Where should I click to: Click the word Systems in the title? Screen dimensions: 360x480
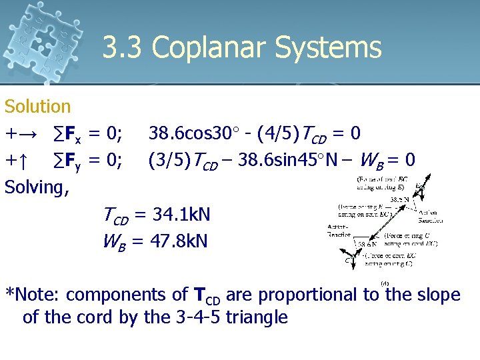click(339, 49)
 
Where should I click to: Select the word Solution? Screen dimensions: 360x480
click(37, 107)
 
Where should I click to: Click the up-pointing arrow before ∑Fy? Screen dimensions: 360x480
click(22, 161)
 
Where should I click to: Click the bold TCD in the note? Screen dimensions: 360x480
click(206, 295)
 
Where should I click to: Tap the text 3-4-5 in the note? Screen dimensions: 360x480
click(197, 317)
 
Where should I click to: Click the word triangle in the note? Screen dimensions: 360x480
click(257, 317)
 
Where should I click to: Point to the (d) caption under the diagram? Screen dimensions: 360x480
click(385, 283)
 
